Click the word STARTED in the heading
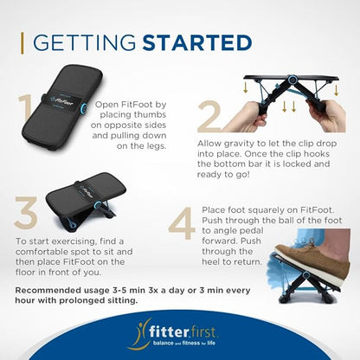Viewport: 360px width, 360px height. click(197, 43)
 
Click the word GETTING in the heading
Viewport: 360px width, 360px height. click(85, 43)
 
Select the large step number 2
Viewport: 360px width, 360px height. click(209, 116)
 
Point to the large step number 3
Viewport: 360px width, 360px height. click(26, 213)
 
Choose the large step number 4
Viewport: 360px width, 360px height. click(183, 223)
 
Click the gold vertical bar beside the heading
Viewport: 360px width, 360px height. click(22, 43)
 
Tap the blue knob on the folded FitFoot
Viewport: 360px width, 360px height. click(83, 108)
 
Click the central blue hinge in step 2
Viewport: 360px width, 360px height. click(292, 79)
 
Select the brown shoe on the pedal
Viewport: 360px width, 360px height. click(313, 260)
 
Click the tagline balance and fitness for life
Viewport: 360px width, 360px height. click(184, 344)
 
